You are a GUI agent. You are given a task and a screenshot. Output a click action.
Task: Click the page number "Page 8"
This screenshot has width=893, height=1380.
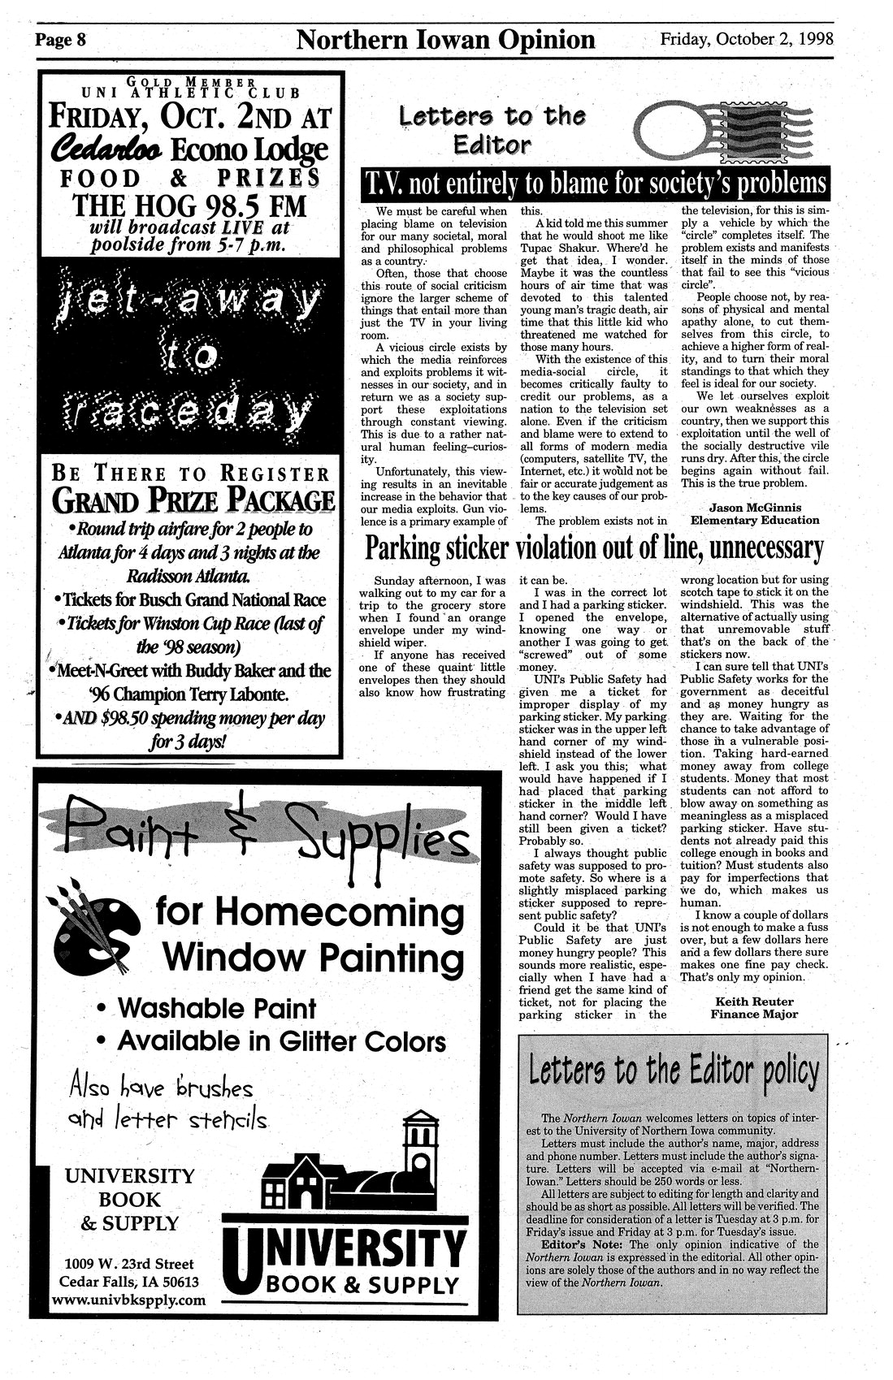59,40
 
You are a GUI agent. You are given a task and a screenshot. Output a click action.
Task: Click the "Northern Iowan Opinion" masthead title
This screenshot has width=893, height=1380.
446,39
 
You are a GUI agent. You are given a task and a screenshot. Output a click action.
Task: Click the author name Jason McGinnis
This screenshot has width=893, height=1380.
754,508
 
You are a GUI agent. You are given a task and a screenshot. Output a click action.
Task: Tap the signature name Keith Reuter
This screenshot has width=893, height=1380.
753,1001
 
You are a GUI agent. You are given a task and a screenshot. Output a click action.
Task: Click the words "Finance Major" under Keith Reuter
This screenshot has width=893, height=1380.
753,1014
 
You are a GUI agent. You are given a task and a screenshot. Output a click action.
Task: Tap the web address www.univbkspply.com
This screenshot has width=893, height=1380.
128,1300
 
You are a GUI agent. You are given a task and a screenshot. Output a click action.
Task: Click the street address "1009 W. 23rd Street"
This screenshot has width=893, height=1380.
128,1264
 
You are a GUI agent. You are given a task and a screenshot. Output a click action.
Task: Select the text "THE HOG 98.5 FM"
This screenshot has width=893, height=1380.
192,207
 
